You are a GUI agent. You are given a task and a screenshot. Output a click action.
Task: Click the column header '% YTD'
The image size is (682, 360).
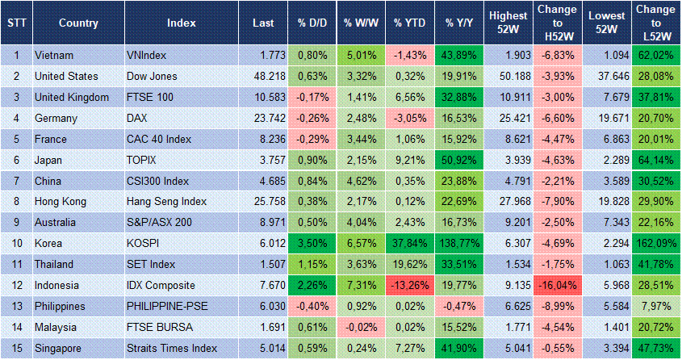pyautogui.click(x=410, y=23)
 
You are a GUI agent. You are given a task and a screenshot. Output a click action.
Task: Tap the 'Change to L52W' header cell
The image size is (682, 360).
pyautogui.click(x=655, y=23)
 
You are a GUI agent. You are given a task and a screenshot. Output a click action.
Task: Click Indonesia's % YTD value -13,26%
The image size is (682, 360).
pyautogui.click(x=410, y=285)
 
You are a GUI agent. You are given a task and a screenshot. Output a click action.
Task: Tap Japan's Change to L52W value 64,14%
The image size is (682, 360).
pyautogui.click(x=655, y=160)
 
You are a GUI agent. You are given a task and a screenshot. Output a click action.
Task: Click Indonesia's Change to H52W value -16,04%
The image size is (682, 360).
pyautogui.click(x=557, y=285)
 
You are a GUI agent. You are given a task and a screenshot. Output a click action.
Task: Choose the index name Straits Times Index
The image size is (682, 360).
pyautogui.click(x=172, y=348)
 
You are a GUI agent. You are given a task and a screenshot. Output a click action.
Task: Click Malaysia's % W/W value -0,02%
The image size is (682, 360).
pyautogui.click(x=361, y=327)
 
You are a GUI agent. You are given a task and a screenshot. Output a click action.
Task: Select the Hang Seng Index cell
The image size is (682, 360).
pyautogui.click(x=166, y=201)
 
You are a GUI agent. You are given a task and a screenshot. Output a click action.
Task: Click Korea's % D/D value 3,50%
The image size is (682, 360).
pyautogui.click(x=311, y=243)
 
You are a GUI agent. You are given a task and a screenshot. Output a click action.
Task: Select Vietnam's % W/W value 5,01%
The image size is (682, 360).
pyautogui.click(x=361, y=55)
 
